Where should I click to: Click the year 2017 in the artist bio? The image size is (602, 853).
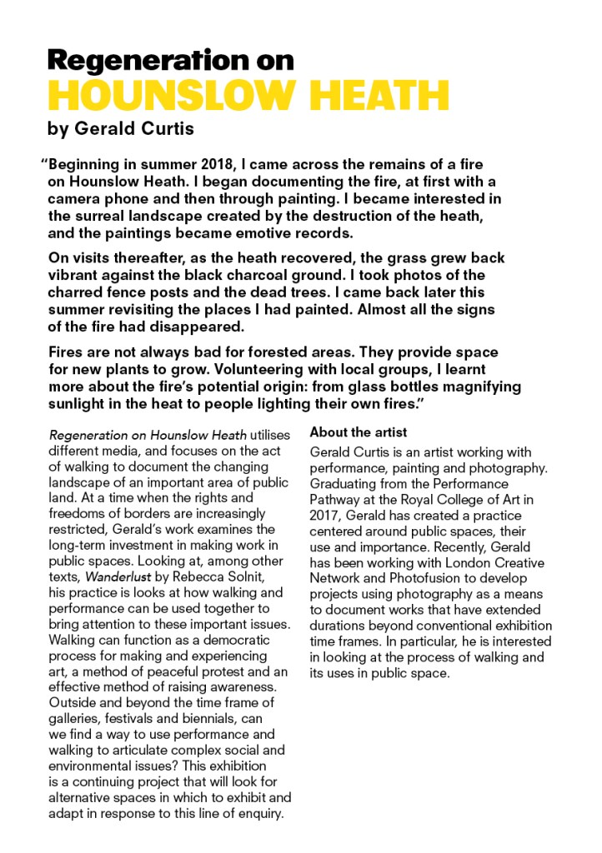(325, 515)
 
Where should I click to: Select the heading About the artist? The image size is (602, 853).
(359, 432)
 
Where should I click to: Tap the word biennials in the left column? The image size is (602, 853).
(225, 718)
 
